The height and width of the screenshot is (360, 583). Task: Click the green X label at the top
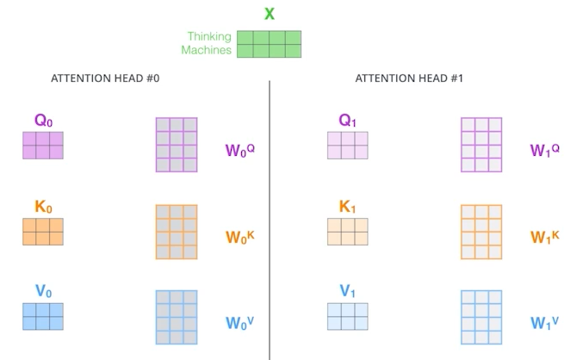pos(269,14)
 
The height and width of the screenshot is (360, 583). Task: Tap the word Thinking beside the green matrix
pos(209,36)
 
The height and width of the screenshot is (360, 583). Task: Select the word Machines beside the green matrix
pos(206,50)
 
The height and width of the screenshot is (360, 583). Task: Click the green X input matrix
pos(270,44)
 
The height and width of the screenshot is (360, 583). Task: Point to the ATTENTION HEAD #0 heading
pos(105,78)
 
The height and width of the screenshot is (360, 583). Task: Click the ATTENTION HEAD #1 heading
pos(397,78)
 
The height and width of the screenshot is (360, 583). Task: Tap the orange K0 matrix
pos(43,232)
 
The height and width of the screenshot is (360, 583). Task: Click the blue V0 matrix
pos(43,316)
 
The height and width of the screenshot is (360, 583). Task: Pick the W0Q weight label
pos(240,151)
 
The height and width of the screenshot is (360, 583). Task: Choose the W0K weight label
pos(240,236)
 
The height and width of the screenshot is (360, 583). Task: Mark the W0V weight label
pos(240,322)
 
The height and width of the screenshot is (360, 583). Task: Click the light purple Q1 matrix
pos(348,146)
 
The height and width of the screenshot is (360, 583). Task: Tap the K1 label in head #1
pos(348,207)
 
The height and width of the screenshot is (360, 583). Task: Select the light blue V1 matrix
pos(348,316)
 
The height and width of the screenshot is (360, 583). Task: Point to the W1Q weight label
pos(545,151)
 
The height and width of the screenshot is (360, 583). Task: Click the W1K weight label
pos(545,236)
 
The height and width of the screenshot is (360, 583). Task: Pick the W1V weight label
pos(545,322)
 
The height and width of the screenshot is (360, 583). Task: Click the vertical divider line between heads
pos(270,215)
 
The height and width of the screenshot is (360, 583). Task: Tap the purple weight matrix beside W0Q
pos(177,145)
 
